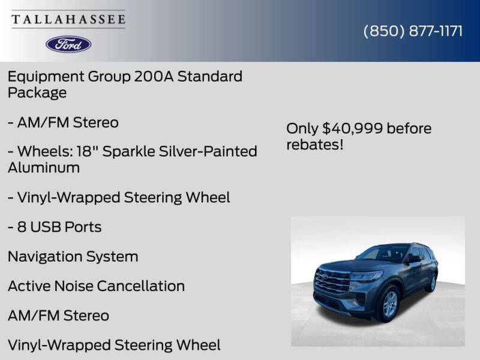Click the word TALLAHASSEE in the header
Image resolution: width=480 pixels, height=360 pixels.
click(68, 19)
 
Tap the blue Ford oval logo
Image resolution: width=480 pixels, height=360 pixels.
click(68, 44)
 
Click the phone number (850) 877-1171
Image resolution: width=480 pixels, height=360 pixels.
click(413, 31)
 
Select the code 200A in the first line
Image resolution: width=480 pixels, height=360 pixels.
click(136, 77)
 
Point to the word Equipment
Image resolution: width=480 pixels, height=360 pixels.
click(46, 77)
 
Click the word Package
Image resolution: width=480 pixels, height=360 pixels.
click(37, 93)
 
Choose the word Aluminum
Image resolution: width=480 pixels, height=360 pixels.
click(43, 167)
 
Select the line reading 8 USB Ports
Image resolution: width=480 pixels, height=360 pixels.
click(55, 227)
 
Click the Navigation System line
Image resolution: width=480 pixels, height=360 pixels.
click(73, 257)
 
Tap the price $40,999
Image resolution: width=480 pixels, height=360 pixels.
click(352, 128)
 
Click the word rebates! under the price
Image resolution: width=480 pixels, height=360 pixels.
click(314, 145)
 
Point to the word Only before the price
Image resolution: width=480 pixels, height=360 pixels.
click(302, 128)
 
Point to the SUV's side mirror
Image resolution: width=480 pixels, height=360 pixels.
click(414, 259)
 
